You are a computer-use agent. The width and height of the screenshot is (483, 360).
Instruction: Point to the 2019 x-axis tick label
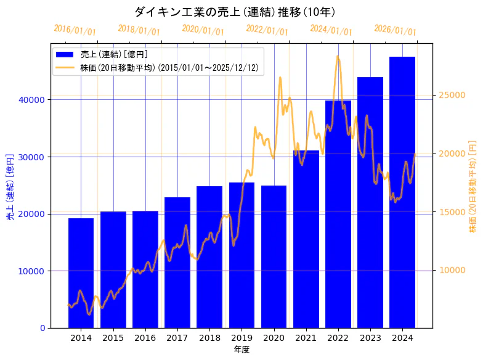(x=241, y=338)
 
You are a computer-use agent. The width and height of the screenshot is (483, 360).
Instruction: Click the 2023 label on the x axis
(x=370, y=338)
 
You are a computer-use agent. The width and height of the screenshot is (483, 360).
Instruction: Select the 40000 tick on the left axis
(x=32, y=100)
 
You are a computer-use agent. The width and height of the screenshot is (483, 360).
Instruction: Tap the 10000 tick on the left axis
(x=32, y=271)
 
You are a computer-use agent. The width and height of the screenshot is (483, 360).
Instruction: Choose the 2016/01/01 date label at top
(x=75, y=30)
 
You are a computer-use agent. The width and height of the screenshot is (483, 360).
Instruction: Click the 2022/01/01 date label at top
(x=267, y=30)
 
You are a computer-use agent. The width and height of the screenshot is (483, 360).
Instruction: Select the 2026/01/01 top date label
(x=395, y=30)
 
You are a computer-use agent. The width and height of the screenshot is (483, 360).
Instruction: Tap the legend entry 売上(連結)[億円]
(x=113, y=55)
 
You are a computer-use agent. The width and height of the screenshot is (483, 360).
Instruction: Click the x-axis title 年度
(x=241, y=350)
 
